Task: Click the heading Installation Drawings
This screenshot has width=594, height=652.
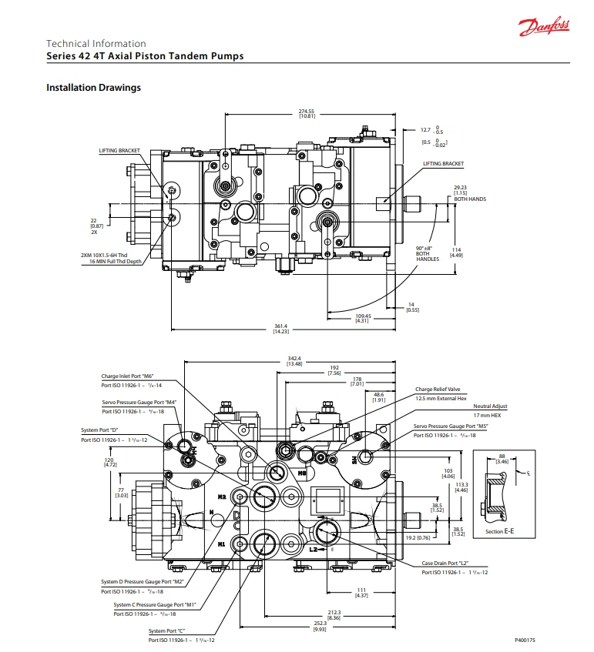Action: (93, 88)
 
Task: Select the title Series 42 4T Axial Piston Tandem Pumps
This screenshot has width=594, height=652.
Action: (145, 56)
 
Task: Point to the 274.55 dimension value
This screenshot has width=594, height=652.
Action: (307, 111)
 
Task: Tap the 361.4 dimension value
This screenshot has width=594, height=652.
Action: (282, 326)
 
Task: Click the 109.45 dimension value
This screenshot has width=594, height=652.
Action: (364, 316)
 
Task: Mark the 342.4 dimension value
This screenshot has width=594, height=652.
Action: (294, 359)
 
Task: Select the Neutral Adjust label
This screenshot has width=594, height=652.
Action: (492, 406)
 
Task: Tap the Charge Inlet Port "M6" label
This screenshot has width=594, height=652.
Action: (127, 376)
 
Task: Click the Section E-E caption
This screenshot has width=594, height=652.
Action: (500, 532)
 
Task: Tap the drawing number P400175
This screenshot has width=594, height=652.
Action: (525, 640)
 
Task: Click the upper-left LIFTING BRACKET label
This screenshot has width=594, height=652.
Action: (119, 151)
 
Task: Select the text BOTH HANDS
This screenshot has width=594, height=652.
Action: (469, 199)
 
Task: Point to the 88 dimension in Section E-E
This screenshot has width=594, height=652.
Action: (502, 456)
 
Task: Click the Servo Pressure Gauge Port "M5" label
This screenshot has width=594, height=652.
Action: (451, 426)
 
